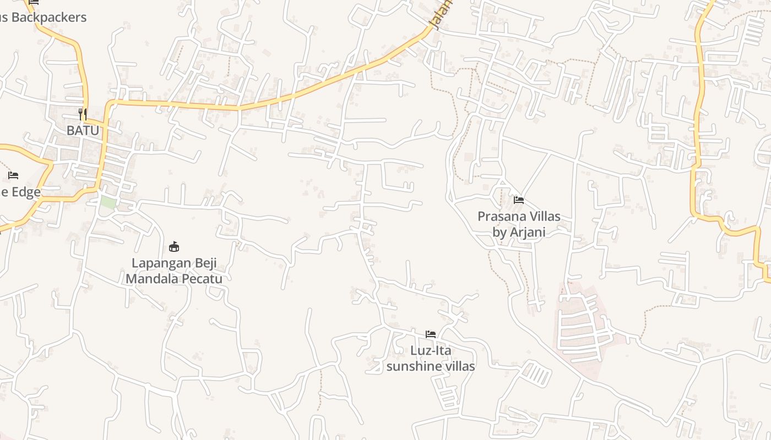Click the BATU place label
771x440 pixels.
[83, 131]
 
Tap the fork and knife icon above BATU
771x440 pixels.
[83, 114]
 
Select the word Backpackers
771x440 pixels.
[49, 18]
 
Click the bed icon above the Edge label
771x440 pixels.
[13, 175]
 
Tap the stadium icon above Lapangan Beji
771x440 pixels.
[174, 246]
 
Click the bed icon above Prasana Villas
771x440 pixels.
[519, 200]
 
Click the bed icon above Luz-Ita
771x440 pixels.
[431, 334]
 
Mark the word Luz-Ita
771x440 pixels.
[431, 350]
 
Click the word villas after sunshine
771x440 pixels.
[459, 366]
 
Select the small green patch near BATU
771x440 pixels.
[108, 202]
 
